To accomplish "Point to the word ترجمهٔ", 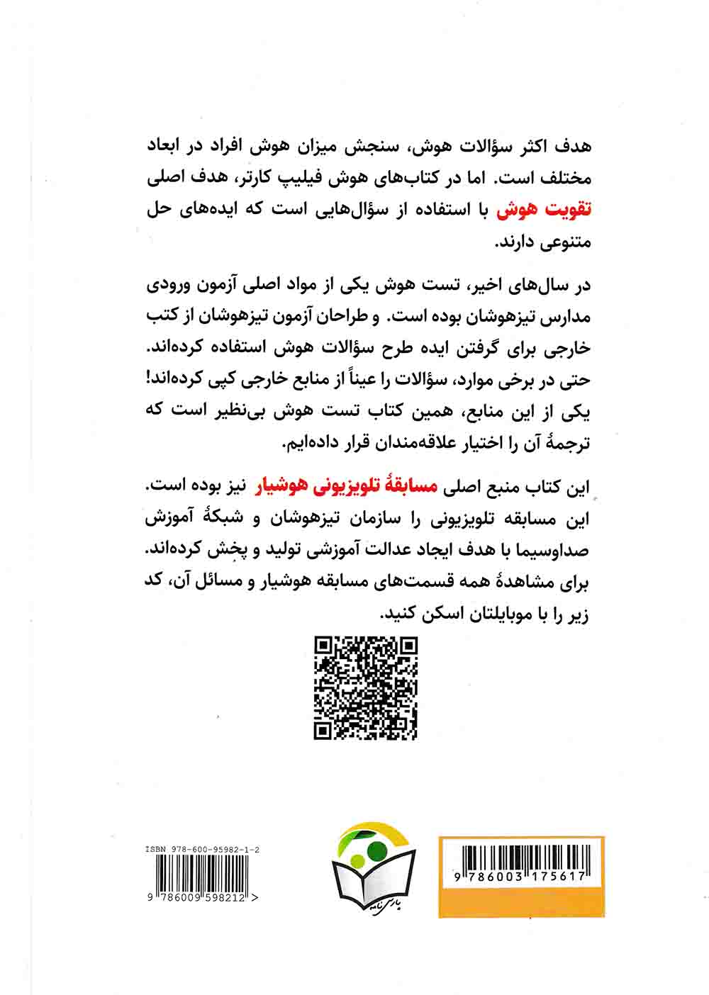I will click(x=566, y=444).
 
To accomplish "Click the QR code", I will click(x=365, y=687).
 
